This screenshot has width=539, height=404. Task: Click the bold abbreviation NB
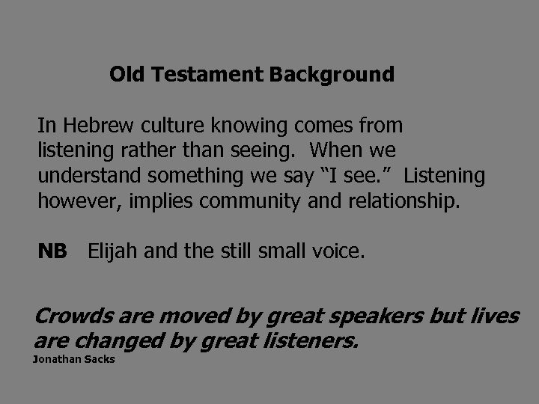52,251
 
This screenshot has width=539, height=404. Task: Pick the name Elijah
111,251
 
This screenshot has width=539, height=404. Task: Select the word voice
340,251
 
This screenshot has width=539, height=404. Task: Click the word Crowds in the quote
70,316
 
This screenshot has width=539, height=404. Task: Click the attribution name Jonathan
53,360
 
